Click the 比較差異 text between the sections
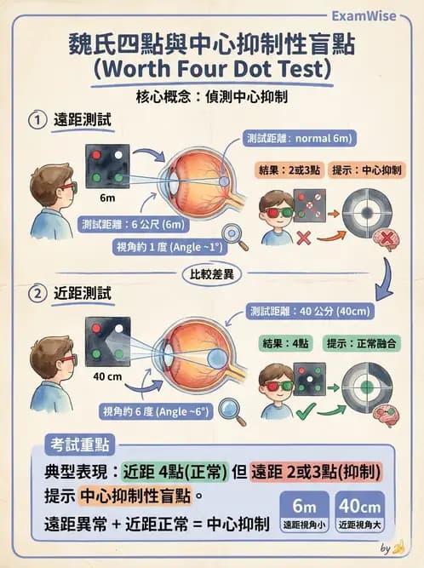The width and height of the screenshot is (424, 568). point(211,273)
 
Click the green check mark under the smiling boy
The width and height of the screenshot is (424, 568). point(301,412)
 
